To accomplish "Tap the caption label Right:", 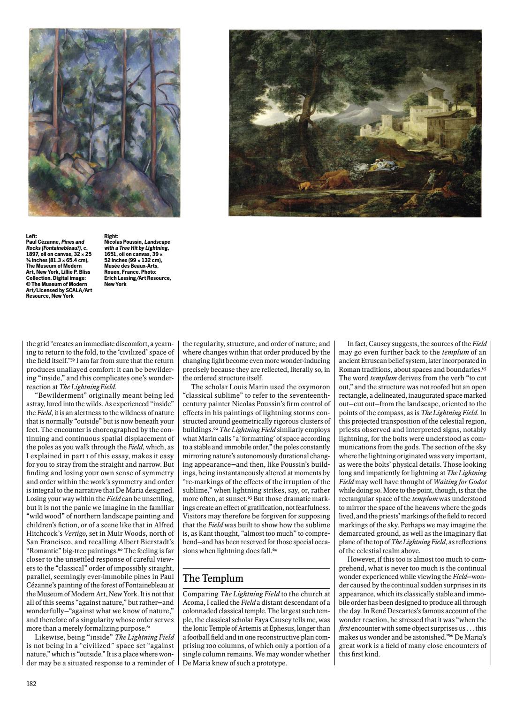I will [x=111, y=237].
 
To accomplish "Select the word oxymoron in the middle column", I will [x=315, y=387].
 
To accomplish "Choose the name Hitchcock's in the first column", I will [x=42, y=523].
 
